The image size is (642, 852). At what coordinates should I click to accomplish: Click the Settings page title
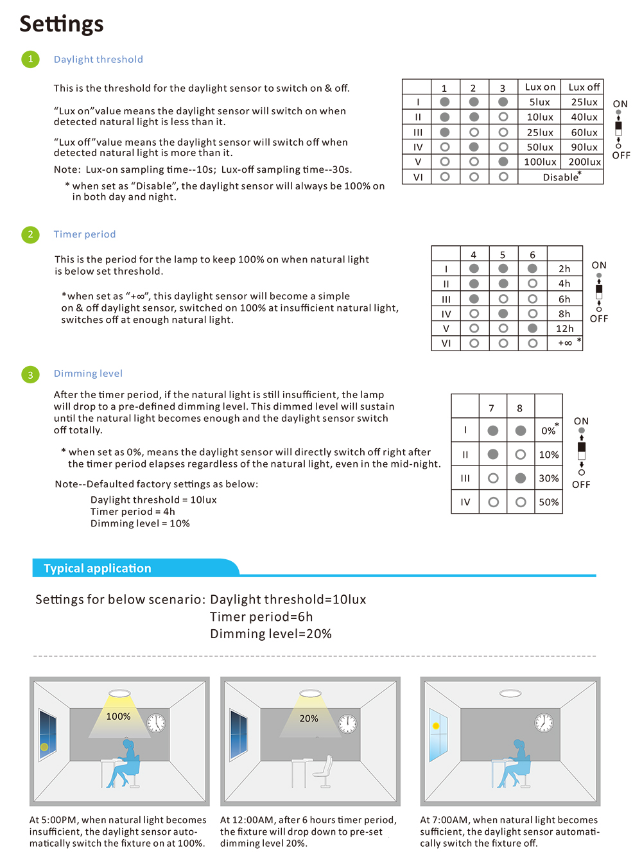pyautogui.click(x=61, y=24)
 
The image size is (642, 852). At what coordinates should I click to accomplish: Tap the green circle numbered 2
pyautogui.click(x=30, y=234)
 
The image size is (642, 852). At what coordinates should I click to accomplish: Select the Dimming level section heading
pyautogui.click(x=88, y=374)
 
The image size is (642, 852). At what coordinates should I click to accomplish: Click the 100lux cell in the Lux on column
pyautogui.click(x=540, y=162)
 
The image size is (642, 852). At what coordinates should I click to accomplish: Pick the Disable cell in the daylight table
pyautogui.click(x=562, y=177)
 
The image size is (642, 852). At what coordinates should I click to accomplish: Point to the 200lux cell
pyautogui.click(x=584, y=162)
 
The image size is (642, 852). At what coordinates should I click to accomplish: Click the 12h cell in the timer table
pyautogui.click(x=564, y=329)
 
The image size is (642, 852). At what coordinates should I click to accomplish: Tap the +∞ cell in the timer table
pyautogui.click(x=564, y=343)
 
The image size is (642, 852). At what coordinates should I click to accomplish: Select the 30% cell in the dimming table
pyautogui.click(x=548, y=478)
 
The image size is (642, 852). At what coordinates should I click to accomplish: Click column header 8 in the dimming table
pyautogui.click(x=520, y=408)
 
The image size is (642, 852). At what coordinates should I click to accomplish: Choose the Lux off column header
pyautogui.click(x=584, y=87)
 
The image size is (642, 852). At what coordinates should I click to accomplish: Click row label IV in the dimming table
pyautogui.click(x=465, y=502)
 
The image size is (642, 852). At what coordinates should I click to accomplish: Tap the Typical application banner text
pyautogui.click(x=98, y=568)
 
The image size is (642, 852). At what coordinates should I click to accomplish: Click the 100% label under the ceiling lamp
pyautogui.click(x=118, y=717)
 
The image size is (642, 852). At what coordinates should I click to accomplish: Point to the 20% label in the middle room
pyautogui.click(x=309, y=718)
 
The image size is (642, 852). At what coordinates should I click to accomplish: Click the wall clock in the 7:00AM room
pyautogui.click(x=544, y=722)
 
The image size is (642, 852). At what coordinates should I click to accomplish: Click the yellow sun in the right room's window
pyautogui.click(x=436, y=726)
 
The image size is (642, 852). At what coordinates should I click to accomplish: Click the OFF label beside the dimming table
pyautogui.click(x=581, y=485)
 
